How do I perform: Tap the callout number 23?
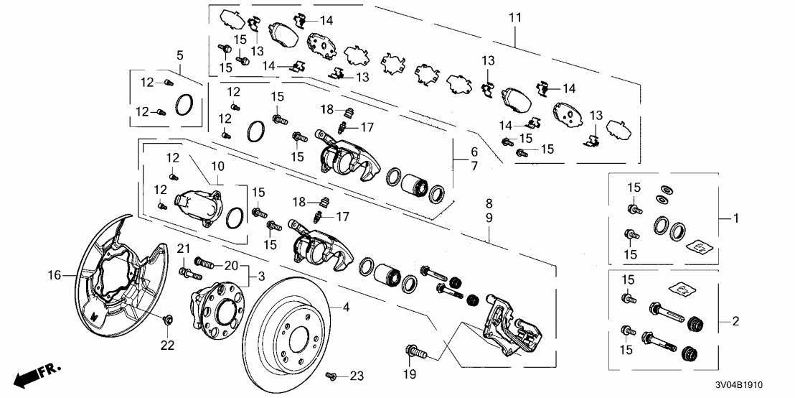click(357, 376)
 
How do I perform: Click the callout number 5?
click(179, 55)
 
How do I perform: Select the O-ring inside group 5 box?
click(184, 106)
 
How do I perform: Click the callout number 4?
click(346, 307)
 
